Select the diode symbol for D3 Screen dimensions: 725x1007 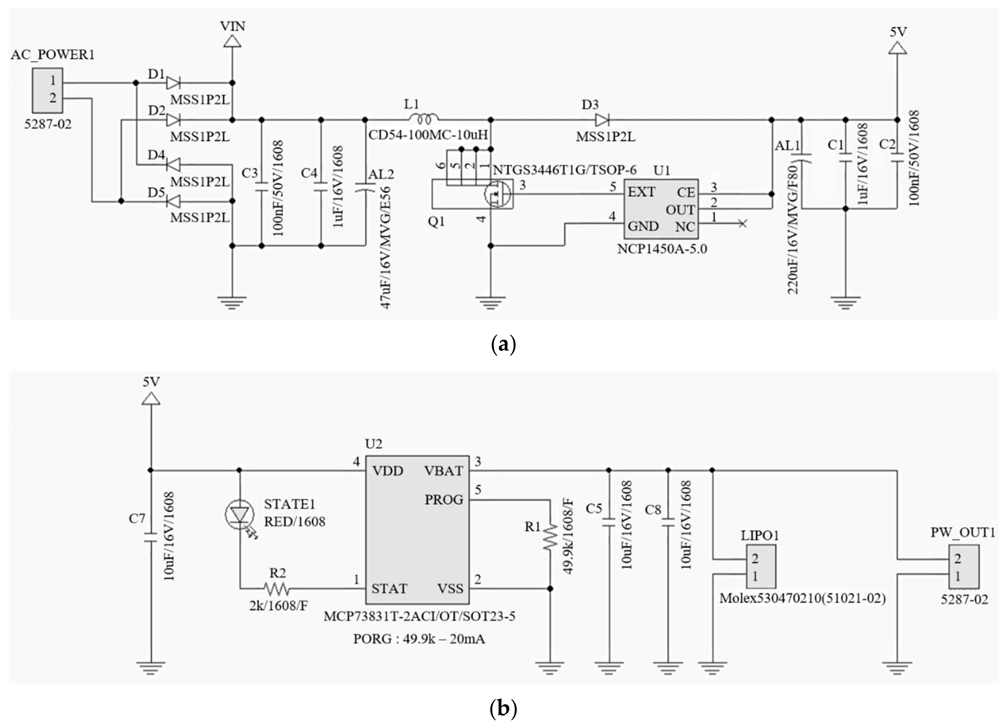[602, 120]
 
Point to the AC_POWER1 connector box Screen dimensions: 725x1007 [47, 90]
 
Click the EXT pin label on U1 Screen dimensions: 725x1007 [641, 192]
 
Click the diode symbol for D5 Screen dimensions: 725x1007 [173, 202]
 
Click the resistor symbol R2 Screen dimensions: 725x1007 [276, 589]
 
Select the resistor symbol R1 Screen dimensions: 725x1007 [550, 537]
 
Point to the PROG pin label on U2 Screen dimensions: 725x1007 [443, 500]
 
